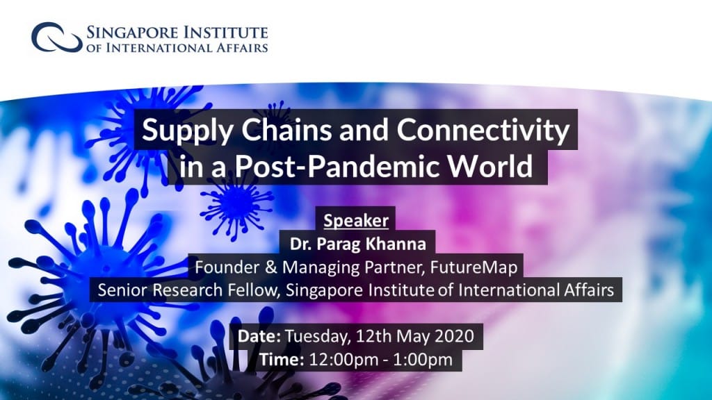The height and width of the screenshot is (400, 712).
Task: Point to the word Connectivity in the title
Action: (483, 131)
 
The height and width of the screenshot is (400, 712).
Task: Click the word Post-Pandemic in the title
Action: (337, 166)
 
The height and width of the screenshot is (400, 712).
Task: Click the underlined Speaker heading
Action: (356, 220)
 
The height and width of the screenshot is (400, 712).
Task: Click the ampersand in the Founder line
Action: (270, 267)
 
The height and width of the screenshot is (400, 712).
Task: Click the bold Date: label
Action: (259, 336)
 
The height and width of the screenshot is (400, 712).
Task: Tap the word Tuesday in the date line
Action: (318, 337)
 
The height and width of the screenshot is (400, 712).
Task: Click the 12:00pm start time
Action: (343, 360)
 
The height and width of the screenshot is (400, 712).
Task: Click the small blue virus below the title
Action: (236, 204)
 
